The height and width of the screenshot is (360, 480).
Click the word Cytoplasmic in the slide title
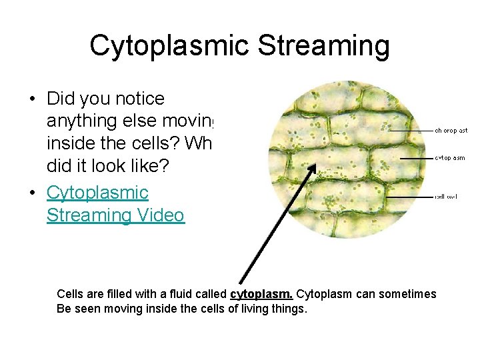(169, 46)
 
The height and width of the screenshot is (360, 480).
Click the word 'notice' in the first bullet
(139, 99)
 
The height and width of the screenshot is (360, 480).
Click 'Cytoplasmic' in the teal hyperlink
(97, 193)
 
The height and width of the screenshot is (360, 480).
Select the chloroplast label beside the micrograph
(451, 131)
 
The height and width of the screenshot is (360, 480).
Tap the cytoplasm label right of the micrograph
(450, 158)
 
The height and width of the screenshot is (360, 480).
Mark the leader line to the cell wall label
(409, 197)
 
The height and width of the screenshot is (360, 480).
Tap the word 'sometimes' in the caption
(412, 294)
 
